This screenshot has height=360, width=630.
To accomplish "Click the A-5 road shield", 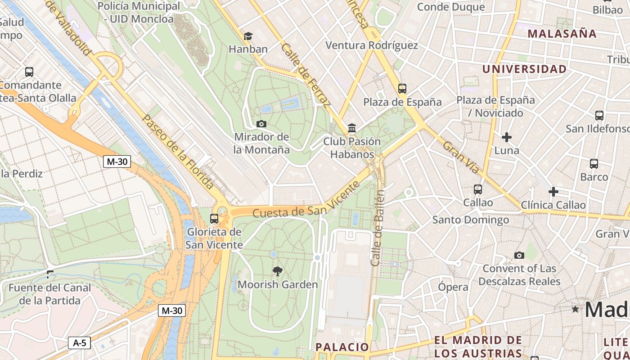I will click(x=79, y=343).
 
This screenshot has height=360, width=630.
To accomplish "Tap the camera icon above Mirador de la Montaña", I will click(x=261, y=124).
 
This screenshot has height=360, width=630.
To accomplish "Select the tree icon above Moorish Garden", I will click(x=278, y=271).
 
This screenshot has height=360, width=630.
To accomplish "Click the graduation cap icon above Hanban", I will click(x=248, y=36).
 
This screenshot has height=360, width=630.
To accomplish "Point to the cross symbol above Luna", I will click(x=507, y=137).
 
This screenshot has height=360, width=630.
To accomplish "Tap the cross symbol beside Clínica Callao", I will click(x=553, y=192).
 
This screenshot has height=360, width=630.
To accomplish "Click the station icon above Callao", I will click(x=478, y=189).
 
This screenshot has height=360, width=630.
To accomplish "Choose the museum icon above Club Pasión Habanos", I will click(x=352, y=128).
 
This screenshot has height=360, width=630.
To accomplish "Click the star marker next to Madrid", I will click(x=575, y=309).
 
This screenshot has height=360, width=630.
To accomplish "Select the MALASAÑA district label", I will click(x=562, y=34).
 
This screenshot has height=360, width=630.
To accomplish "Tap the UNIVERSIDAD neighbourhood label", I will click(x=524, y=69).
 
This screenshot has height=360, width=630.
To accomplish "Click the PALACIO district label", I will click(x=342, y=346).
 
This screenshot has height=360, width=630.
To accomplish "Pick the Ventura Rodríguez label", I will click(x=371, y=45).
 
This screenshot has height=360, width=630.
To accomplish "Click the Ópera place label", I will click(x=453, y=287).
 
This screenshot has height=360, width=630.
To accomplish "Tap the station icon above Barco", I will click(x=594, y=164).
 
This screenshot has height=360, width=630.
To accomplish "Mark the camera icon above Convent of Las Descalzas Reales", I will click(x=519, y=256).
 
